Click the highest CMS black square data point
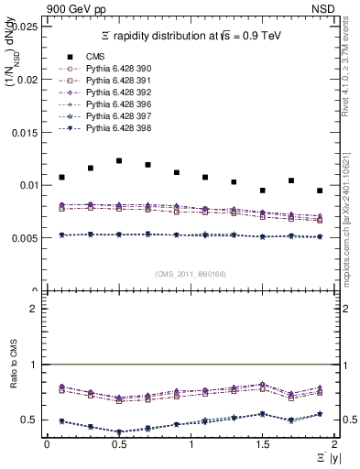119,160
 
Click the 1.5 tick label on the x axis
263,443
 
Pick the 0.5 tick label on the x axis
119,443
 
